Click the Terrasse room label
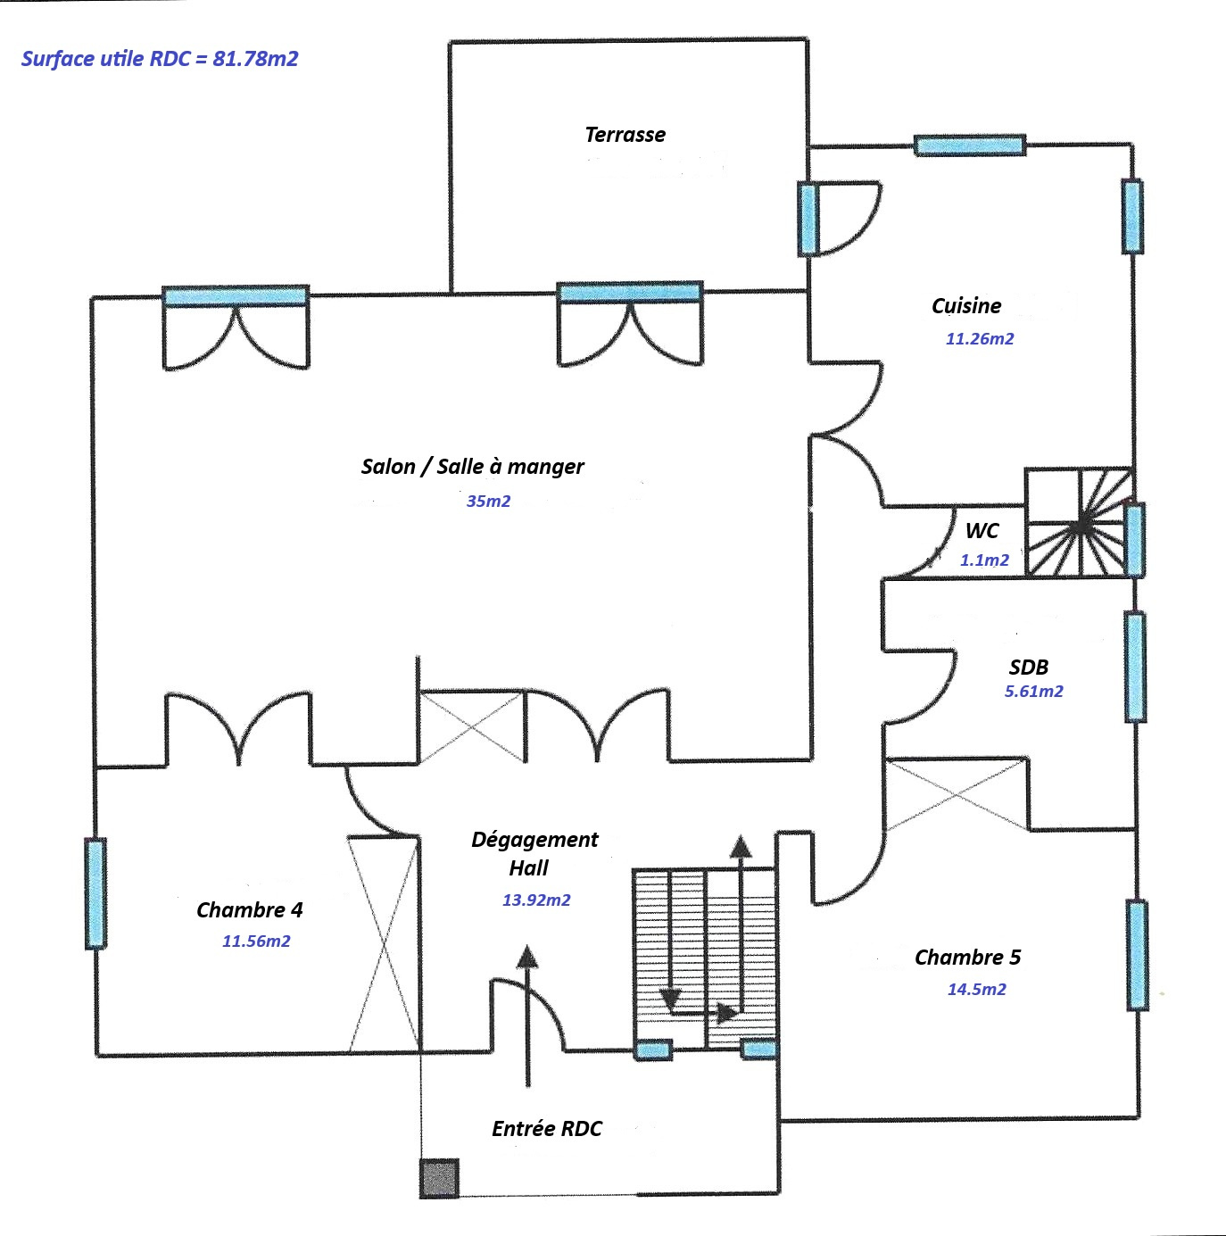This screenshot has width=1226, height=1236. point(625,135)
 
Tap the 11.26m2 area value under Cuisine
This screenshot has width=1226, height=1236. point(980,338)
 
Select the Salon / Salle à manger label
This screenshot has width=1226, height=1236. point(472,467)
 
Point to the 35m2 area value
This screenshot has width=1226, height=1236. point(488,501)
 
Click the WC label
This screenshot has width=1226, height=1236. point(982,530)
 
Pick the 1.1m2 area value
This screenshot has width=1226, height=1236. point(984,560)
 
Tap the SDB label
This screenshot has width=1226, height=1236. point(1029,667)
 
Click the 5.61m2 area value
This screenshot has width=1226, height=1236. point(1033,692)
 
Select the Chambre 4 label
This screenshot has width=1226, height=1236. point(249,909)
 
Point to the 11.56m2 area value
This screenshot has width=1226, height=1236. point(256,941)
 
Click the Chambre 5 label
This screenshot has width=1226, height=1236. point(967,957)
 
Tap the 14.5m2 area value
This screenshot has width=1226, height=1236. point(976,989)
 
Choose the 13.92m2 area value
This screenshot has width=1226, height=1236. point(536,900)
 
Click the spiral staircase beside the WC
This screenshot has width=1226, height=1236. point(1079,523)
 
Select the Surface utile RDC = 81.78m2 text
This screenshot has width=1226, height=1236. point(160,59)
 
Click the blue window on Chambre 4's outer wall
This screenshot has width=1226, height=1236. point(95,892)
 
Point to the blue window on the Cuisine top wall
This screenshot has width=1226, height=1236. point(969,145)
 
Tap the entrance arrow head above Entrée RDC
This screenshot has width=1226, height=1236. point(527,956)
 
